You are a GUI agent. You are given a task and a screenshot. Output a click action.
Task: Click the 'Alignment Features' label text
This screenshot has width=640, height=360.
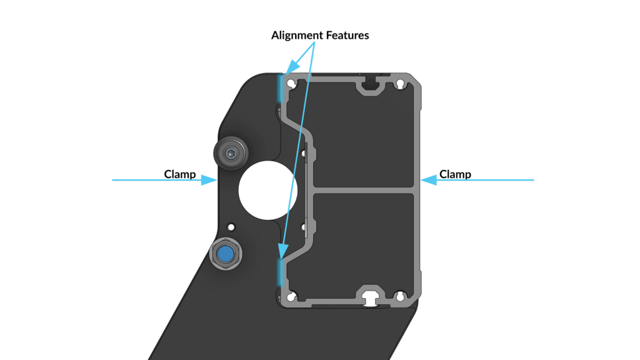click(x=320, y=36)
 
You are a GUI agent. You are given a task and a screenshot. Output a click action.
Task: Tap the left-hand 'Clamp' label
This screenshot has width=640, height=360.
click(x=180, y=174)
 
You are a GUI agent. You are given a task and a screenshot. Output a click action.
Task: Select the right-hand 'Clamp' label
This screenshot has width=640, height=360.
click(x=455, y=174)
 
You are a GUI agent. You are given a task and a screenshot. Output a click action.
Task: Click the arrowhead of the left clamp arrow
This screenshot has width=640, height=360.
click(x=209, y=180)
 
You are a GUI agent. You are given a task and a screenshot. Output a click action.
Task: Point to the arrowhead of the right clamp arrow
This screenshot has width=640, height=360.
click(x=429, y=180)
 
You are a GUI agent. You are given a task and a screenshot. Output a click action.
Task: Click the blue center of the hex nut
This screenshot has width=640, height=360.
click(x=226, y=254)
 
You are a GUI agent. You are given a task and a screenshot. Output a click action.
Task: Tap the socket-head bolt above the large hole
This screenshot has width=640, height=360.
click(x=231, y=154)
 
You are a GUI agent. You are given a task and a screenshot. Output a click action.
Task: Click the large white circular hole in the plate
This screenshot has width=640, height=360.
click(x=267, y=190)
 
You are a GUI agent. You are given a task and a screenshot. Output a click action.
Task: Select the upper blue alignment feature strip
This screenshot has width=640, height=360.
click(x=281, y=87)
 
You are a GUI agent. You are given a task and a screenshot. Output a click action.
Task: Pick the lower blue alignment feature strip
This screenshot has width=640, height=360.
click(x=281, y=272)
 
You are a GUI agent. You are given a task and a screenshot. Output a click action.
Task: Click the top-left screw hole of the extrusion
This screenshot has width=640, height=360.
click(x=291, y=84)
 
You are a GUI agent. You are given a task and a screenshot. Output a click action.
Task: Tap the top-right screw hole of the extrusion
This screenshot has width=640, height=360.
click(x=401, y=84)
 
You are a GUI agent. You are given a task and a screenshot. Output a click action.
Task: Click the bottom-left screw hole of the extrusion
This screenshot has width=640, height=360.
click(x=291, y=296)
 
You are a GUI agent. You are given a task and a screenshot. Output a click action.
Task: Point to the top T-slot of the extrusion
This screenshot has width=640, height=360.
click(x=371, y=84)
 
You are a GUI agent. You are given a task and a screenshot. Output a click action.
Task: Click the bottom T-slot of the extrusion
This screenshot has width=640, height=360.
click(x=371, y=296)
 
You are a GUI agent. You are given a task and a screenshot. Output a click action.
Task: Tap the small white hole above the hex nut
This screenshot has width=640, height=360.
click(x=231, y=227)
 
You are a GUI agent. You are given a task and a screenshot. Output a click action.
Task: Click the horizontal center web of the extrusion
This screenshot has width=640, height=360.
click(x=364, y=190)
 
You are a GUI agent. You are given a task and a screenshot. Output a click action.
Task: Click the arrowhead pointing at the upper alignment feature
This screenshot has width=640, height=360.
click(x=292, y=67)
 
